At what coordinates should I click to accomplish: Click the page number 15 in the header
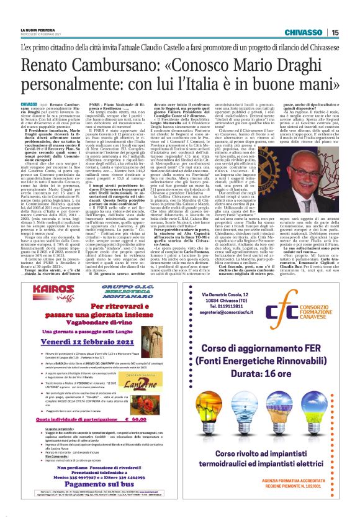click(351, 32)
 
